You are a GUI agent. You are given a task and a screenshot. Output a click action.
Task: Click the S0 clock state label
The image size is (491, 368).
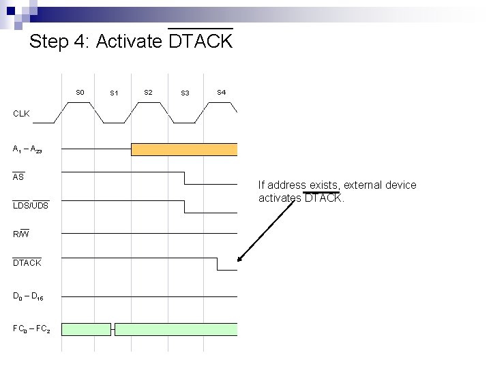click(80, 92)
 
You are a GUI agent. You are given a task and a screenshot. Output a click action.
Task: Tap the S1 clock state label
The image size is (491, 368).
click(114, 93)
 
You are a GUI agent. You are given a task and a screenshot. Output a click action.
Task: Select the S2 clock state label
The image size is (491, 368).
click(148, 92)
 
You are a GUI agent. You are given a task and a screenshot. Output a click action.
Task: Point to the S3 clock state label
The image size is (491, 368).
click(185, 93)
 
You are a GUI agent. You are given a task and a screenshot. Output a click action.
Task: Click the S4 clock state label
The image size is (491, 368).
click(221, 92)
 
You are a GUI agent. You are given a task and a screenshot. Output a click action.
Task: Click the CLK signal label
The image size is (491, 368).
click(21, 114)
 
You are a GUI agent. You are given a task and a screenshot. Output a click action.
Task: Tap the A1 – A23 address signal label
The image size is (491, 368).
click(27, 149)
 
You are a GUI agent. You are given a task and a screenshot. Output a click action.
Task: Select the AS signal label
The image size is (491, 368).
click(18, 177)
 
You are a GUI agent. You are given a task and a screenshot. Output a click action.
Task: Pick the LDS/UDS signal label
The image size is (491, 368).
click(31, 205)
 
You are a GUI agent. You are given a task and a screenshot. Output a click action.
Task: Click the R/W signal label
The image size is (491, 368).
click(21, 234)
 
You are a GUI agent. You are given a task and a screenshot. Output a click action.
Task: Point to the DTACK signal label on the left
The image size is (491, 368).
click(27, 263)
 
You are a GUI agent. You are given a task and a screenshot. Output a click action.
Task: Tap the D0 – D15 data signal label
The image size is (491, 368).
click(28, 296)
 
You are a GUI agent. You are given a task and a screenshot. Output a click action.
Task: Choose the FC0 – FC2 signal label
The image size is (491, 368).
click(31, 329)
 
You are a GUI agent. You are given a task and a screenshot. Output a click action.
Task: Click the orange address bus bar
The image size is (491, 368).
click(184, 149)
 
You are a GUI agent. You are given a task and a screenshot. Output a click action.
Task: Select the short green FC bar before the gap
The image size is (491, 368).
click(87, 329)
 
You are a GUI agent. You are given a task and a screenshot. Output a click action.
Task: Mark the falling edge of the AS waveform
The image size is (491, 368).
click(184, 178)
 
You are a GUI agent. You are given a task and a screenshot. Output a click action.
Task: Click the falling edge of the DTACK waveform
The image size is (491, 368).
click(217, 264)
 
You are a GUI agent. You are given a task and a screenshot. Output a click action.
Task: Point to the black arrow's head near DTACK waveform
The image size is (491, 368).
click(239, 259)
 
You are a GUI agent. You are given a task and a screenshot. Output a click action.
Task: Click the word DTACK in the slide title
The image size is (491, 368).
click(200, 42)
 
